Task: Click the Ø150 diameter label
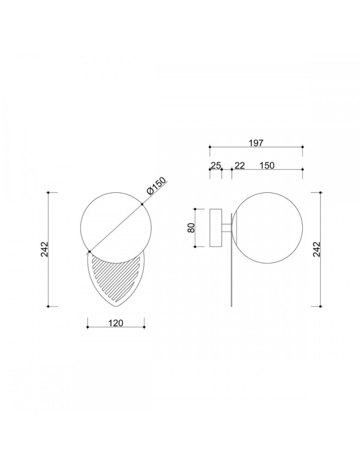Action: pyautogui.click(x=157, y=187)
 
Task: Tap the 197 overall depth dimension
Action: pyautogui.click(x=256, y=143)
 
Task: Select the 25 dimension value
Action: pyautogui.click(x=216, y=165)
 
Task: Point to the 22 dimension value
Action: pyautogui.click(x=240, y=165)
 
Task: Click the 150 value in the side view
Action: pyautogui.click(x=267, y=165)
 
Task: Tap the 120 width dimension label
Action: pyautogui.click(x=116, y=323)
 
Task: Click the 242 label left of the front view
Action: pyautogui.click(x=44, y=249)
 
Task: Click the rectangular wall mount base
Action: pyautogui.click(x=216, y=228)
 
